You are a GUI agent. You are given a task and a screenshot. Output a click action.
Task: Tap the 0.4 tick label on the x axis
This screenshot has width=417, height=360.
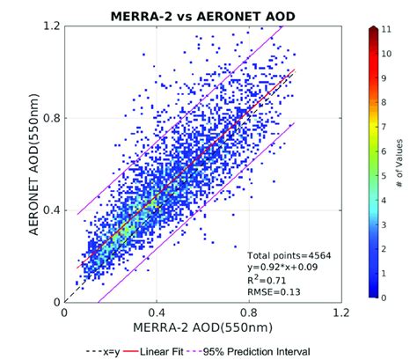[x=157, y=312]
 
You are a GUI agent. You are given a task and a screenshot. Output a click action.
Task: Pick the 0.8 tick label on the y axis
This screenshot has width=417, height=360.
[x=50, y=118]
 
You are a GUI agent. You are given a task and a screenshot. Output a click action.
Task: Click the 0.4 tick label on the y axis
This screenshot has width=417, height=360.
[x=50, y=210]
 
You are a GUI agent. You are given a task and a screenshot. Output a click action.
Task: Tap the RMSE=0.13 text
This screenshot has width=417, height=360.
[x=274, y=288]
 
